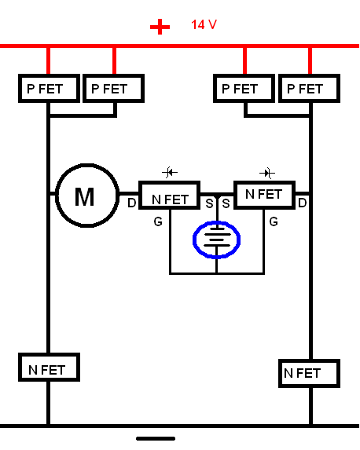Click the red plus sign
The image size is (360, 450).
click(160, 27)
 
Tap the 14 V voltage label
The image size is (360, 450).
click(204, 24)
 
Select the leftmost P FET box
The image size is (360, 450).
click(50, 89)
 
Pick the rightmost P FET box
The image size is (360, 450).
click(309, 89)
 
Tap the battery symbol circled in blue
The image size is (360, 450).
click(217, 240)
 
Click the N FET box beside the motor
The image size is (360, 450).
click(170, 195)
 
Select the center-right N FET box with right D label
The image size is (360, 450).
click(265, 195)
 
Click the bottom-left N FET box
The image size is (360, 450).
click(50, 368)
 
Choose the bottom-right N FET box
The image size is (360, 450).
click(309, 373)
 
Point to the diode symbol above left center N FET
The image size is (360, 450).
click(170, 173)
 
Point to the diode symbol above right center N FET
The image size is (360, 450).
click(267, 174)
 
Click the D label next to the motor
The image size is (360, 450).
click(131, 203)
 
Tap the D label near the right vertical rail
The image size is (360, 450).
click(303, 203)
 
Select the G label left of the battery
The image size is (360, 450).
click(158, 221)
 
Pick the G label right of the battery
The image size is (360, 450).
click(274, 221)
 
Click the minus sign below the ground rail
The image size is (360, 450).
click(156, 438)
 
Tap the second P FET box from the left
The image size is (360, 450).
click(113, 89)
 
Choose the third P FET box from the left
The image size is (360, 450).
click(244, 89)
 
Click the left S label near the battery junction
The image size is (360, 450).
click(209, 203)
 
